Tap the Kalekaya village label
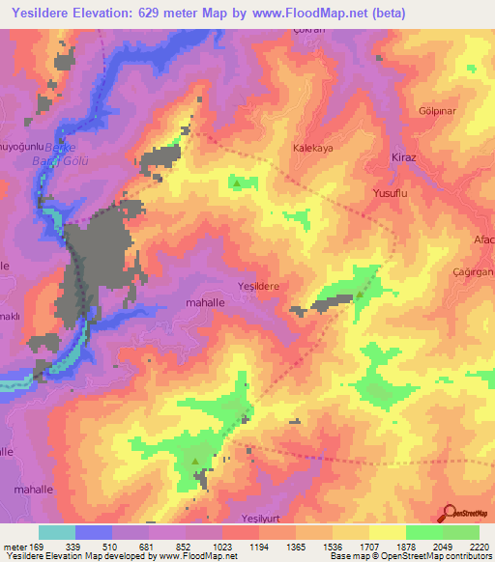(313, 149)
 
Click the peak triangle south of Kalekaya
(238, 181)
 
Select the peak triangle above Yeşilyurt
(196, 462)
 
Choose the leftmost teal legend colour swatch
(56, 532)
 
